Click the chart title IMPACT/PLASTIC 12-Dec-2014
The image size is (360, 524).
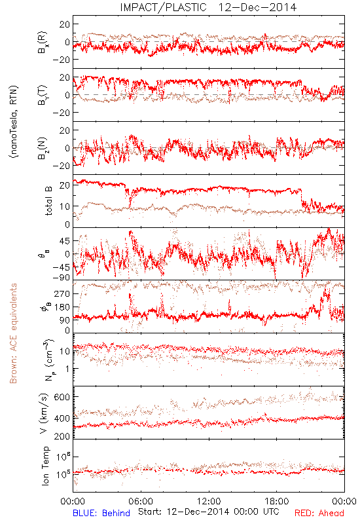[x=208, y=7]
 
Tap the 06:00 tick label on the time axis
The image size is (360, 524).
[x=141, y=501]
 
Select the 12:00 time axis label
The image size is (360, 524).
[x=209, y=501]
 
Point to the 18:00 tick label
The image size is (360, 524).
[x=277, y=501]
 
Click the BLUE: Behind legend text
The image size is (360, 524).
[x=101, y=513]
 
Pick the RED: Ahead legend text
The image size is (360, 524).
[x=319, y=513]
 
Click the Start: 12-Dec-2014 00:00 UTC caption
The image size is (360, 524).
[x=209, y=512]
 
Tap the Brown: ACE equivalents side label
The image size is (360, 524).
[x=13, y=333]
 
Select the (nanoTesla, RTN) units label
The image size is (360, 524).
[x=14, y=121]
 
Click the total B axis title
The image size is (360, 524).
[x=48, y=201]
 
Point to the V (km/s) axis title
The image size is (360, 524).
[x=44, y=413]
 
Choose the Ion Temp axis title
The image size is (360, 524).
[x=45, y=466]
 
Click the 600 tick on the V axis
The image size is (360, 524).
[x=62, y=397]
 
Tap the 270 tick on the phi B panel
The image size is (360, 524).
[x=62, y=293]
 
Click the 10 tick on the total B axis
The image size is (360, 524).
[x=65, y=206]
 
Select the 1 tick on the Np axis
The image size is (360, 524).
[x=68, y=369]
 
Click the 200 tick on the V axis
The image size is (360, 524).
[x=62, y=436]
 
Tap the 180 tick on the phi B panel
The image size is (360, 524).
[x=62, y=307]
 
